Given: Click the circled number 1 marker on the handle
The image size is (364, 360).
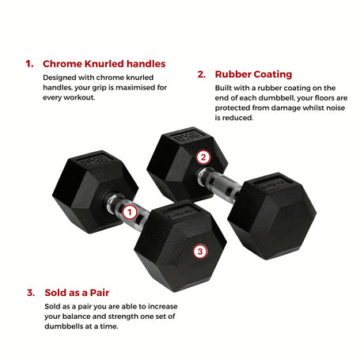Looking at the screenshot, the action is (130, 212).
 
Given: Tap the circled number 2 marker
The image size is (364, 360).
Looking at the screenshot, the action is (203, 157).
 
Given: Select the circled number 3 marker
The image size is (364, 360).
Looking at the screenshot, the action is (200, 252).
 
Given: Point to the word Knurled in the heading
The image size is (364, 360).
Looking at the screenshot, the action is (104, 64).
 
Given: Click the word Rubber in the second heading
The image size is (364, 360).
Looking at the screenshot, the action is (233, 74).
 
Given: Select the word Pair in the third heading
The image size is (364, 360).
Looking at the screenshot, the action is (100, 293).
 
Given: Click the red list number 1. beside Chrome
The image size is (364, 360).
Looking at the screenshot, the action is (29, 64).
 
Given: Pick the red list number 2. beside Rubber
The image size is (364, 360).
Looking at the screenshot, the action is (202, 74).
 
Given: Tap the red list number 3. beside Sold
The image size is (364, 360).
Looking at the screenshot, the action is (31, 293).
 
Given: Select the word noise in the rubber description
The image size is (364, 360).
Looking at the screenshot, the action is (336, 108).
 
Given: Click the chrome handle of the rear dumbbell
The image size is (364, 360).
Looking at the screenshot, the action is (219, 184).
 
